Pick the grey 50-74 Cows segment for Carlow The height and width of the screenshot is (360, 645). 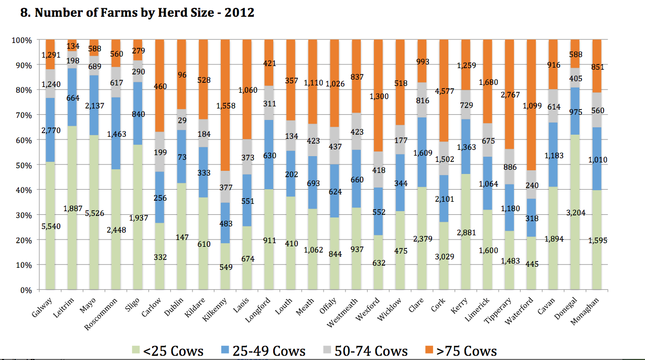click(159, 152)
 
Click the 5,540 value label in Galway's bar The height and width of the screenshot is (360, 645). click(50, 225)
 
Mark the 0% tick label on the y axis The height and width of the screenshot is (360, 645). click(26, 290)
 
